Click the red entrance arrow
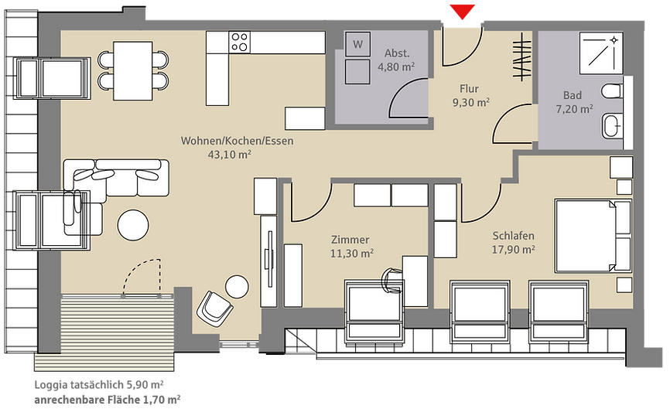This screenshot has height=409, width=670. (463, 12)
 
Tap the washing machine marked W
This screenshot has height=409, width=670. (357, 44)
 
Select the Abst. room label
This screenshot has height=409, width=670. (397, 53)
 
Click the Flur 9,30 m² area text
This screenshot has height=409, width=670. (471, 103)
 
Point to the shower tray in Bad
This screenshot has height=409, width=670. (601, 53)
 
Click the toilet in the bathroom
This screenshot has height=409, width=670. (611, 91)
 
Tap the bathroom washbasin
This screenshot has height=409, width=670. (612, 126)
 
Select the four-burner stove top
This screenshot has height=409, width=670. (239, 42)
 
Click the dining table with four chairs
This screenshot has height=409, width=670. (133, 71)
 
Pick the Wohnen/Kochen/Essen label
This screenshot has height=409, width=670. (238, 141)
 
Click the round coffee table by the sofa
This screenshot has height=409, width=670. (133, 225)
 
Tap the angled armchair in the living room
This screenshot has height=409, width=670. (214, 308)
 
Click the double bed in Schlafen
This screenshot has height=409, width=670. (593, 235)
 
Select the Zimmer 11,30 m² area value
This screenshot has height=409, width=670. (352, 254)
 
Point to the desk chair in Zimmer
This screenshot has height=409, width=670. (391, 280)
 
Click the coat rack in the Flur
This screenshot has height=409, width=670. (522, 57)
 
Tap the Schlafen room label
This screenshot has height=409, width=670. (513, 236)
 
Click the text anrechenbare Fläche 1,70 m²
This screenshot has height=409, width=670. (108, 400)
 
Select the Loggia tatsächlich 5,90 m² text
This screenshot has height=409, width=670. (99, 385)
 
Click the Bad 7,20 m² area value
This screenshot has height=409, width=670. (574, 109)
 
